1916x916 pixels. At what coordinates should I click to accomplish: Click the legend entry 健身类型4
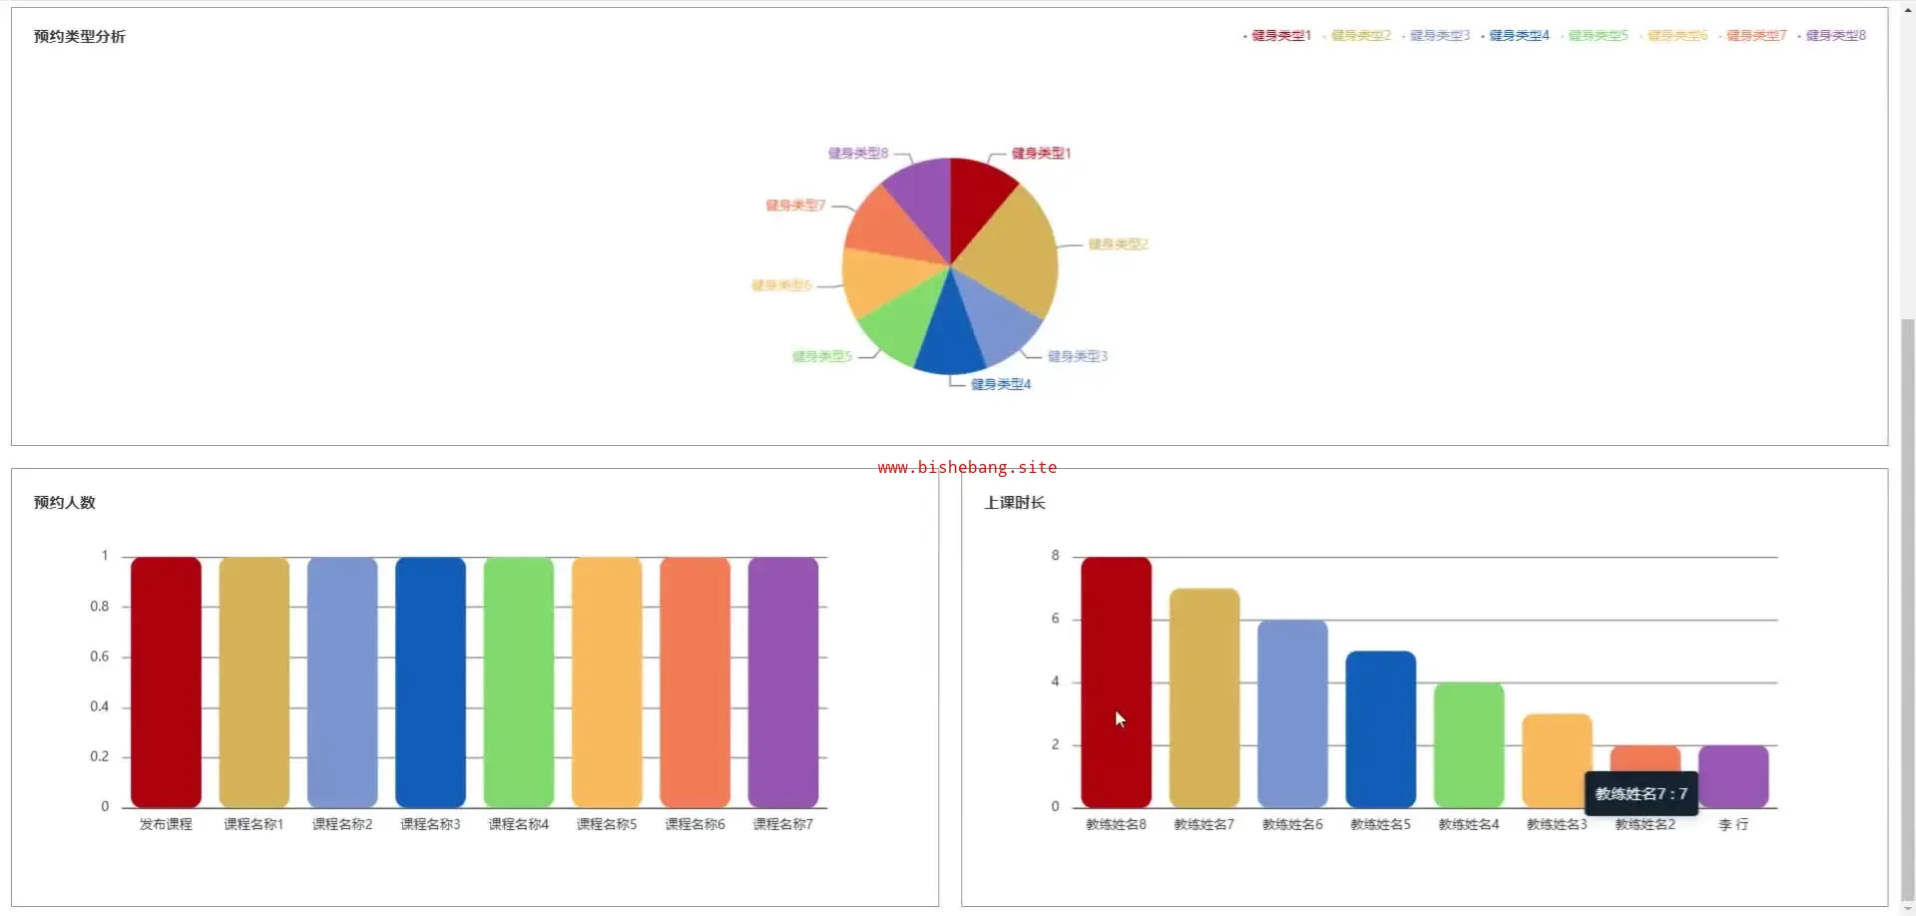point(1518,36)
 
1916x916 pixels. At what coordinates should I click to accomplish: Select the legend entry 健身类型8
point(1834,36)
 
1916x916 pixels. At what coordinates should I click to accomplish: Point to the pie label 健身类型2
point(1118,244)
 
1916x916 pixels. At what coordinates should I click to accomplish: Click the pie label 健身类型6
point(781,285)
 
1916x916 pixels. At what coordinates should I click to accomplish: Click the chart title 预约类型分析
point(80,37)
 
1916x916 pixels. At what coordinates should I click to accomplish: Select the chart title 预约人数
point(65,503)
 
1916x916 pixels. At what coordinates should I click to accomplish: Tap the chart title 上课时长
point(1015,503)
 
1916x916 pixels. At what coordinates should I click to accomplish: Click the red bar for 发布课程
point(166,682)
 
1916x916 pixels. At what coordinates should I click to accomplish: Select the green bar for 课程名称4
point(518,682)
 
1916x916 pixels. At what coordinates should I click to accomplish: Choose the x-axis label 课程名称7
point(782,824)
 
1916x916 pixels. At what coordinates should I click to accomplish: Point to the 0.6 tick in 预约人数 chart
point(100,657)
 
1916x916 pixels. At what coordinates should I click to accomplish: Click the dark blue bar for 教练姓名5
point(1380,728)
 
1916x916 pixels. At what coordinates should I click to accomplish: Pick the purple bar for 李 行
point(1733,776)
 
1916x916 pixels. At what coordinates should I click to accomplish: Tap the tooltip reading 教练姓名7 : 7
point(1641,794)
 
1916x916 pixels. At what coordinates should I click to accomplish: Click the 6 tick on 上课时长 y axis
point(1055,619)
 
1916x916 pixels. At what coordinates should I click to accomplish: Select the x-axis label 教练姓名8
point(1116,824)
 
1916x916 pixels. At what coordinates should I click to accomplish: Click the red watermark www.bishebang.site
point(967,467)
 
